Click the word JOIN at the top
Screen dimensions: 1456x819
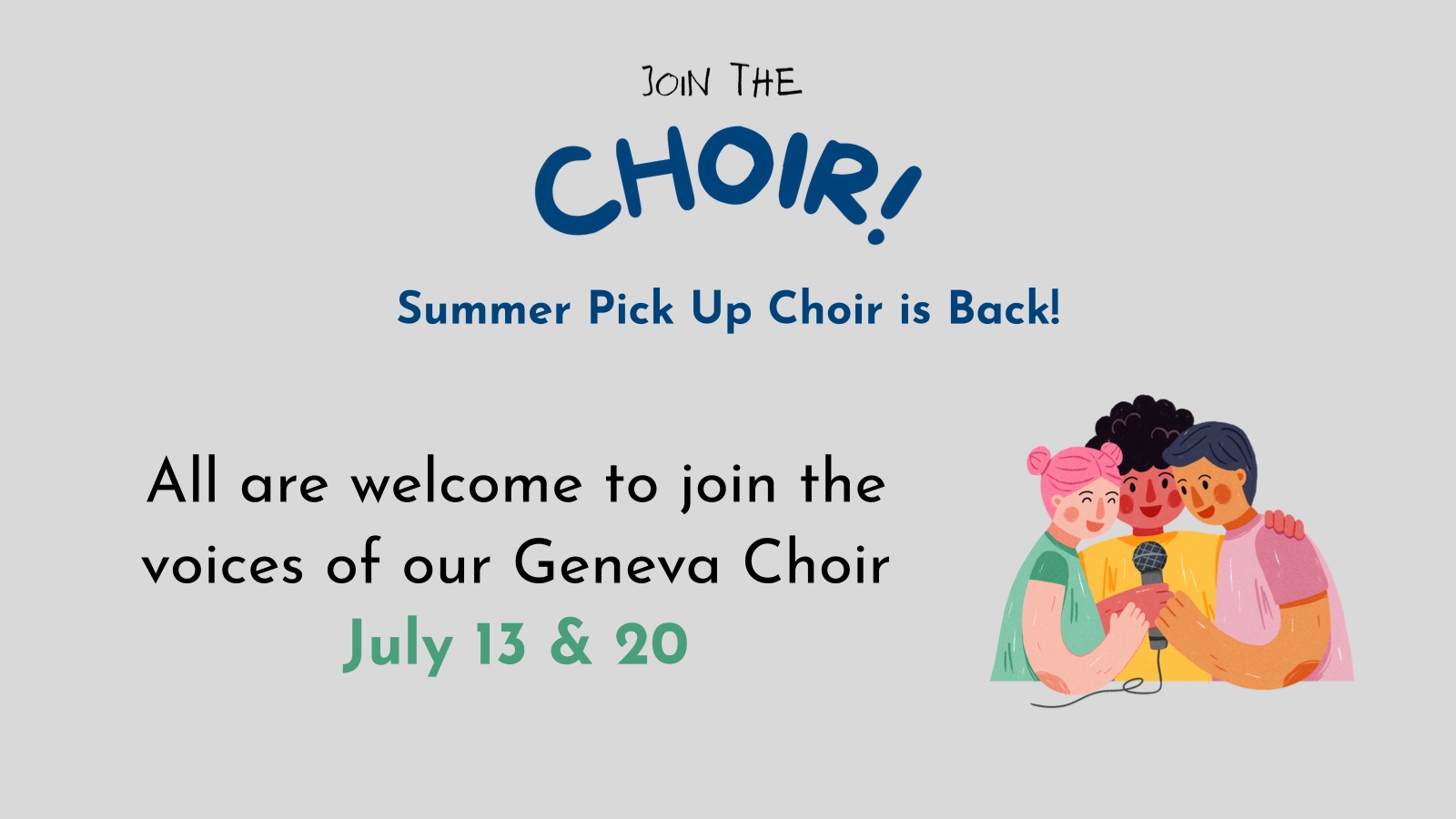tap(676, 82)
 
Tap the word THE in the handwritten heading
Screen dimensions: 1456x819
tap(765, 80)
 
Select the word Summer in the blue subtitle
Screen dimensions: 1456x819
tap(483, 308)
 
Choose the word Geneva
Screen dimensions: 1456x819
tap(617, 564)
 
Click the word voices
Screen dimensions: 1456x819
tap(222, 564)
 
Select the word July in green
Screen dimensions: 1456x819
tap(398, 645)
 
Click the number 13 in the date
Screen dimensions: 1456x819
tap(500, 644)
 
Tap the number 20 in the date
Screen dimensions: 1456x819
tap(652, 644)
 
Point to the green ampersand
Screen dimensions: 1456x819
tap(571, 644)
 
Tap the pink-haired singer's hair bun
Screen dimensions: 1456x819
tap(1038, 461)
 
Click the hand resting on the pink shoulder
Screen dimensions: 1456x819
tap(1283, 524)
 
